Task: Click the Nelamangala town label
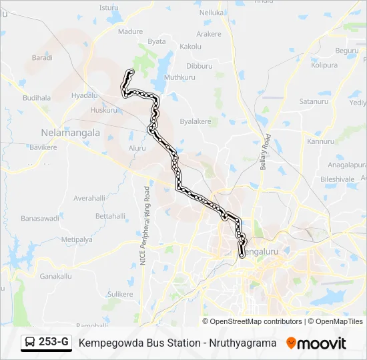70,132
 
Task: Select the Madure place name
130,31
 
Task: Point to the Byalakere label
196,121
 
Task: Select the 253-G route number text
53,343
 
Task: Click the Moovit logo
316,343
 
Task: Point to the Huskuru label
103,110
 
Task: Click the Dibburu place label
199,66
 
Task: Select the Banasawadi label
40,218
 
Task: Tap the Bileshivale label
337,179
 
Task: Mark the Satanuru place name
314,101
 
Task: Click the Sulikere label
120,293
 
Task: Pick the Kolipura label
324,65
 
